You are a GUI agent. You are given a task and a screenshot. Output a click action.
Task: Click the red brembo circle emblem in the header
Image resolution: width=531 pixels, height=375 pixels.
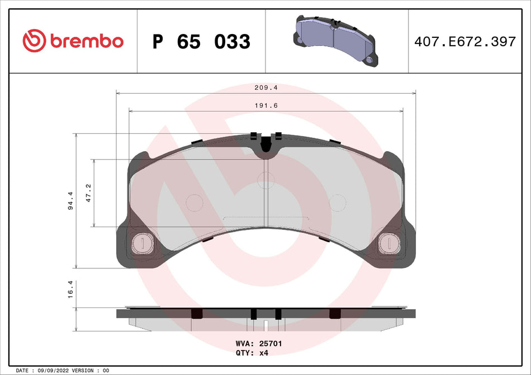[x=34, y=41]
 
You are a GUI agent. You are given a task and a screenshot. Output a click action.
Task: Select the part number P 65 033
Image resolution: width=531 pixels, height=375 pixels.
[x=201, y=41]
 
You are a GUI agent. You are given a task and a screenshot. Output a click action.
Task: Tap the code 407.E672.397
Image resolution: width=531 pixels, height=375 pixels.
[x=464, y=41]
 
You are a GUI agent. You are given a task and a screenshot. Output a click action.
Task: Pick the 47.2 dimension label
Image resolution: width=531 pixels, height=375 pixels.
[x=89, y=193]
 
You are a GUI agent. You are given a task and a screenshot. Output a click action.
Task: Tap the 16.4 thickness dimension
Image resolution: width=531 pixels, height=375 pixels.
[x=71, y=294]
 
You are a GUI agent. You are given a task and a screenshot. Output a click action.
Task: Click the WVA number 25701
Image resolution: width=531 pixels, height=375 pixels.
[x=270, y=344]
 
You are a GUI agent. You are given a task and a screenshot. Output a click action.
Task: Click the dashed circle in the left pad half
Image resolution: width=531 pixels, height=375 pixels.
[x=194, y=202]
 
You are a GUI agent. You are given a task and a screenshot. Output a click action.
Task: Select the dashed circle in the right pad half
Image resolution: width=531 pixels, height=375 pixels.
[x=338, y=202]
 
